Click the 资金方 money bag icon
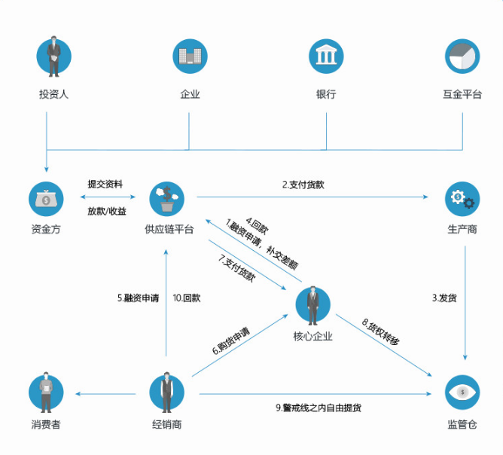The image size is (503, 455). (46, 199)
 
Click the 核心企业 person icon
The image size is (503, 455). (312, 304)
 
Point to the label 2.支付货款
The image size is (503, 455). (303, 185)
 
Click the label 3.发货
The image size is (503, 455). (444, 298)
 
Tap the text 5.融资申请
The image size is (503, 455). (138, 298)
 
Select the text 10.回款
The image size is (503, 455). (187, 298)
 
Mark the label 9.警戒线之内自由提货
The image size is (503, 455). (319, 408)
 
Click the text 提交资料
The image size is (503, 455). (105, 185)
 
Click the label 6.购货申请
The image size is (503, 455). (231, 341)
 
